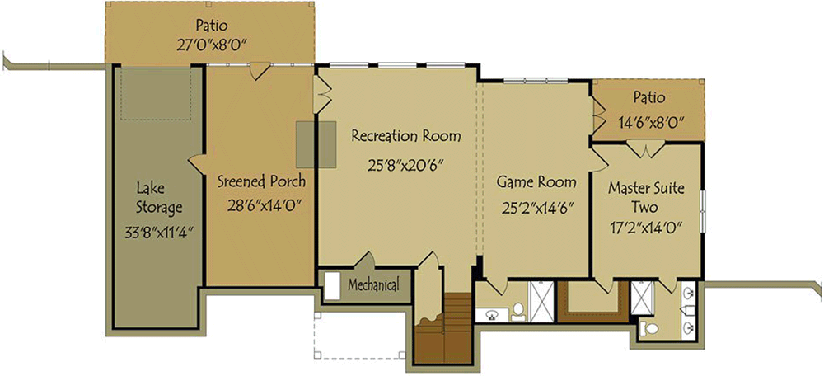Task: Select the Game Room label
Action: [x=536, y=181]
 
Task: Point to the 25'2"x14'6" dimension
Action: [x=536, y=208]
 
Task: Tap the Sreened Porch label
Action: [x=261, y=181]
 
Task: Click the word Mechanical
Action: [x=373, y=286]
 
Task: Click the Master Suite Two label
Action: [x=646, y=198]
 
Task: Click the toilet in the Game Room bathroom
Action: [x=517, y=312]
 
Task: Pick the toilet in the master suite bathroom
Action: [x=652, y=329]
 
